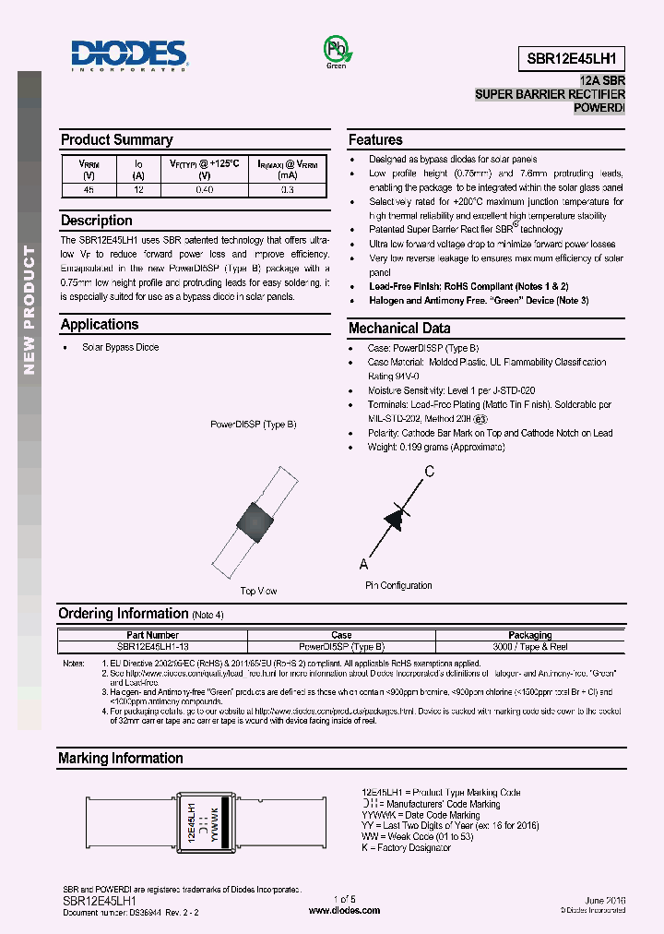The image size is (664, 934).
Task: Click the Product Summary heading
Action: [x=116, y=140]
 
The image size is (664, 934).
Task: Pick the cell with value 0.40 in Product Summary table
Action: [x=204, y=189]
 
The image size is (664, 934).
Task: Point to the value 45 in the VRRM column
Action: [x=89, y=189]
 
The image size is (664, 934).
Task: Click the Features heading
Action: [x=374, y=140]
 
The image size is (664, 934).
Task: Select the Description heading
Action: [x=96, y=222]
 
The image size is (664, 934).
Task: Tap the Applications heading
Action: [x=99, y=325]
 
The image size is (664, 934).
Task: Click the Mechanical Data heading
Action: [x=399, y=329]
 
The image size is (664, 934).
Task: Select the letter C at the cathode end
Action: [x=429, y=473]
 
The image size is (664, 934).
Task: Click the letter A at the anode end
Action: [x=363, y=564]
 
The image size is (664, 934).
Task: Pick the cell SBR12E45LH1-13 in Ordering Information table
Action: [x=152, y=647]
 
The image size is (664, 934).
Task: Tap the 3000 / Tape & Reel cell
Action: [x=529, y=647]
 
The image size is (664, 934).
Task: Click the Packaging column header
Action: [x=529, y=635]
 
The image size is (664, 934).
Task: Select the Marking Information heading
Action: [x=120, y=759]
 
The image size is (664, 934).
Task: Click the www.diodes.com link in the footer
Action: [x=343, y=910]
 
